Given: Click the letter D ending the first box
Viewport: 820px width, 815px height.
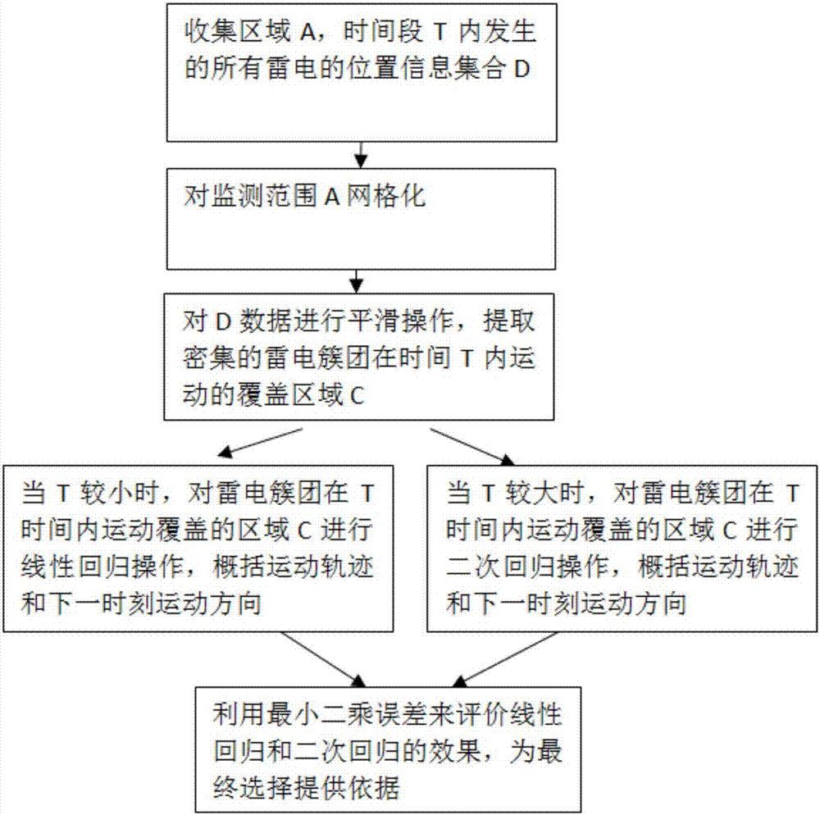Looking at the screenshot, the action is [522, 69].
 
